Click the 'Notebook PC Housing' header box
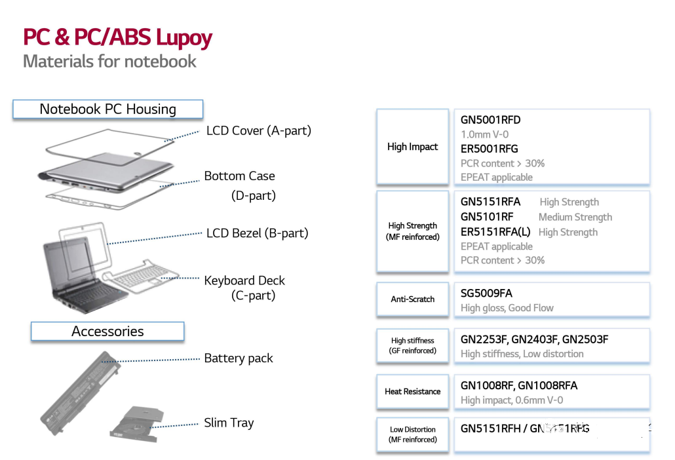tap(108, 109)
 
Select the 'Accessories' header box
tap(107, 332)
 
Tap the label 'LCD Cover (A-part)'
tap(258, 130)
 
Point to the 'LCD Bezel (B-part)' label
tap(257, 233)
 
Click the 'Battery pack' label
tap(239, 358)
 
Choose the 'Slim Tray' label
tap(229, 423)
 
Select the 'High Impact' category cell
tap(412, 147)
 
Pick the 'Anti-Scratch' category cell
tap(412, 299)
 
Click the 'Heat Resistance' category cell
tap(412, 391)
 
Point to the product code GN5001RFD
tap(491, 120)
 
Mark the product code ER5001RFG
tap(490, 149)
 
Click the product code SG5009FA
tap(486, 294)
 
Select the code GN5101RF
tap(487, 217)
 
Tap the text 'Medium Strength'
tap(575, 217)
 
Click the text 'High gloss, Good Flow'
tap(507, 308)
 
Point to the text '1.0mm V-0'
tap(485, 134)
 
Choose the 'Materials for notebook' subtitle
tap(109, 62)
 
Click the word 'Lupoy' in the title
tap(183, 37)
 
